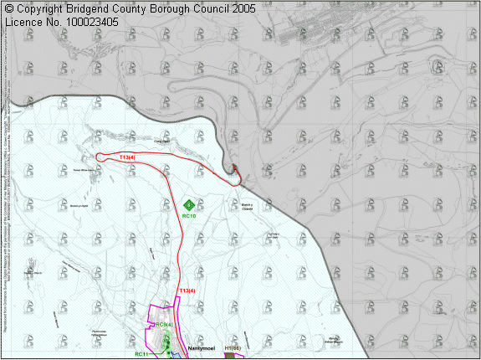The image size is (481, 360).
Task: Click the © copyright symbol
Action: (x=9, y=8)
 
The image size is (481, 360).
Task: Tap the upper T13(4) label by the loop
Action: (x=127, y=157)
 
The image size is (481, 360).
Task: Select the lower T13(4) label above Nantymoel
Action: (x=187, y=291)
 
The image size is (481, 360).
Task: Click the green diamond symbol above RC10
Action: (x=189, y=204)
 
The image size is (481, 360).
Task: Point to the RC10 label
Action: (x=189, y=217)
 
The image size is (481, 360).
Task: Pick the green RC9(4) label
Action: (x=165, y=325)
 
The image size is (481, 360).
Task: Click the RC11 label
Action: (x=141, y=354)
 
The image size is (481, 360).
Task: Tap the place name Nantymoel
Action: (x=203, y=347)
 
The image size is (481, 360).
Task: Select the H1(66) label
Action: (x=233, y=347)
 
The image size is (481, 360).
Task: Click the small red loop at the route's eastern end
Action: (x=236, y=174)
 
